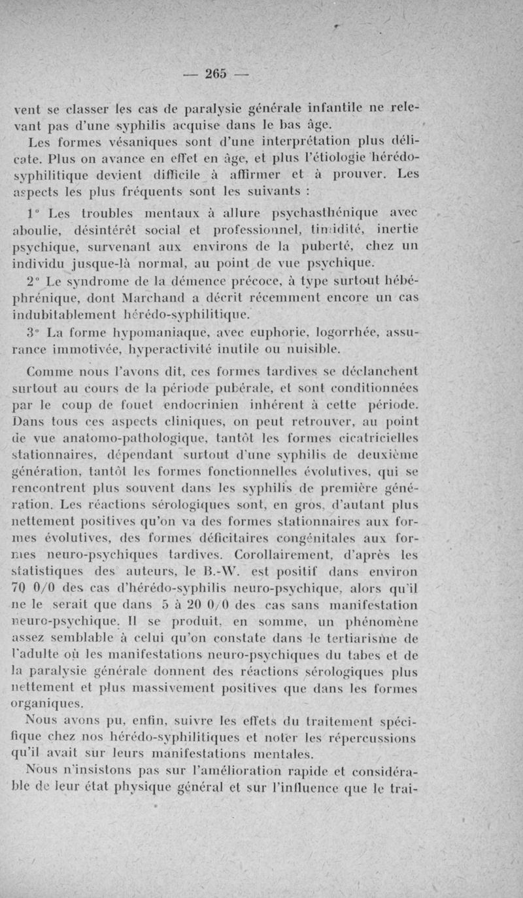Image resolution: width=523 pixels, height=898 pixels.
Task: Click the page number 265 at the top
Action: click(x=214, y=73)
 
